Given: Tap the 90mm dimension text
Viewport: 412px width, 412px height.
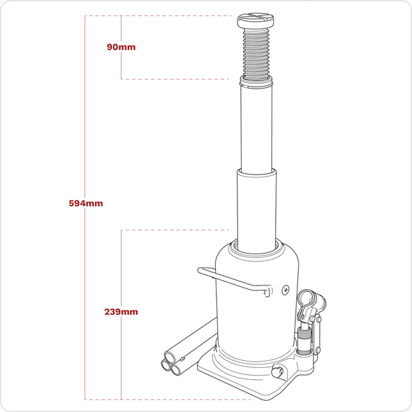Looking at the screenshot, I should point(122,47).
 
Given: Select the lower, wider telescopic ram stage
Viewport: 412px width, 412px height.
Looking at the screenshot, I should point(258,205).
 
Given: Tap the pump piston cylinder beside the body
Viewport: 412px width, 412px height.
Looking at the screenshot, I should point(305,342).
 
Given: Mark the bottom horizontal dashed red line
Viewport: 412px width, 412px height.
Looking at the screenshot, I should point(168,399).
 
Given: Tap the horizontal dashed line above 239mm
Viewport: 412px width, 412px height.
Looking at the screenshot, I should point(175,230).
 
